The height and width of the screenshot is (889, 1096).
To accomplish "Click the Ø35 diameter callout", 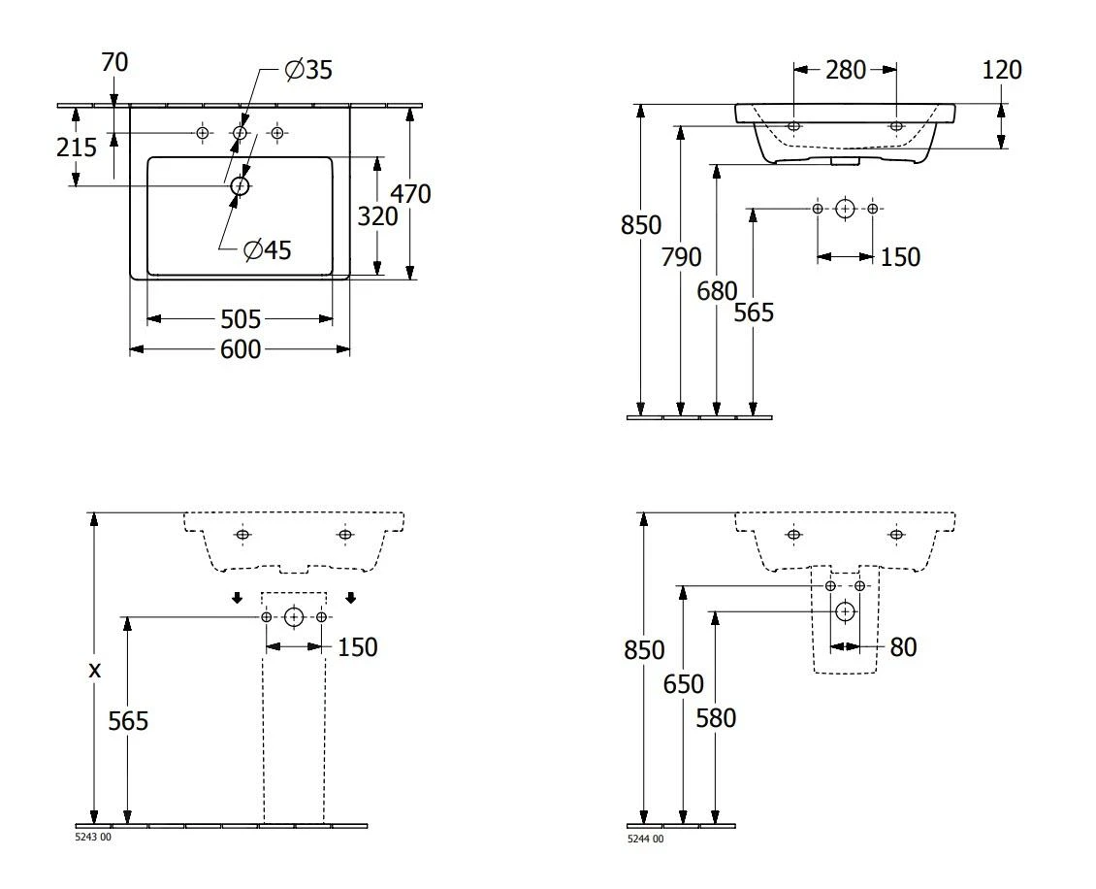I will [x=306, y=70].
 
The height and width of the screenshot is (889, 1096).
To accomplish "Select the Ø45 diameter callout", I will [x=267, y=250].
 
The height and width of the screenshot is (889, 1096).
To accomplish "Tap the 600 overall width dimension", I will [x=240, y=349].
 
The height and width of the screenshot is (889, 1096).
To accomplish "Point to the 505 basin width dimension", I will [x=240, y=318].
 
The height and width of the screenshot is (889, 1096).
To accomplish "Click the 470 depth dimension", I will [x=410, y=194].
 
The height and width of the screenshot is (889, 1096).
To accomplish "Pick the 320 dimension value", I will [x=377, y=216].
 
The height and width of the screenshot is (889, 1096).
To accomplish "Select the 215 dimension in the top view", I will [x=77, y=148].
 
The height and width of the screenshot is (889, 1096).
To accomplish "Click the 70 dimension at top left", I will [x=113, y=63].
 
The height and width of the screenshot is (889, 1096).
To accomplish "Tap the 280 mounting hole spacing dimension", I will [x=845, y=69].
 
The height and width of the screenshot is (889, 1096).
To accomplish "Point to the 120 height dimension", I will [x=1001, y=70].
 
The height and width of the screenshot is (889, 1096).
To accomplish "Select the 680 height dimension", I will [x=717, y=290].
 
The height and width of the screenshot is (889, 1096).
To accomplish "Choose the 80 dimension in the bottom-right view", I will [x=902, y=647].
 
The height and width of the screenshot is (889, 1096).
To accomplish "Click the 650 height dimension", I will [x=683, y=685].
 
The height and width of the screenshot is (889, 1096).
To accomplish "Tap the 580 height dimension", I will [x=716, y=718].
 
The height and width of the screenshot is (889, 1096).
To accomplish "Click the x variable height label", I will [x=94, y=669].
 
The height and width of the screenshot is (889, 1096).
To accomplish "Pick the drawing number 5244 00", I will [x=646, y=839].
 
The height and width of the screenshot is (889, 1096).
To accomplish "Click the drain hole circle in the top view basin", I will [x=240, y=185].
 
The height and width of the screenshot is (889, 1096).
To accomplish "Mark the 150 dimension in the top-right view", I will [x=899, y=257].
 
